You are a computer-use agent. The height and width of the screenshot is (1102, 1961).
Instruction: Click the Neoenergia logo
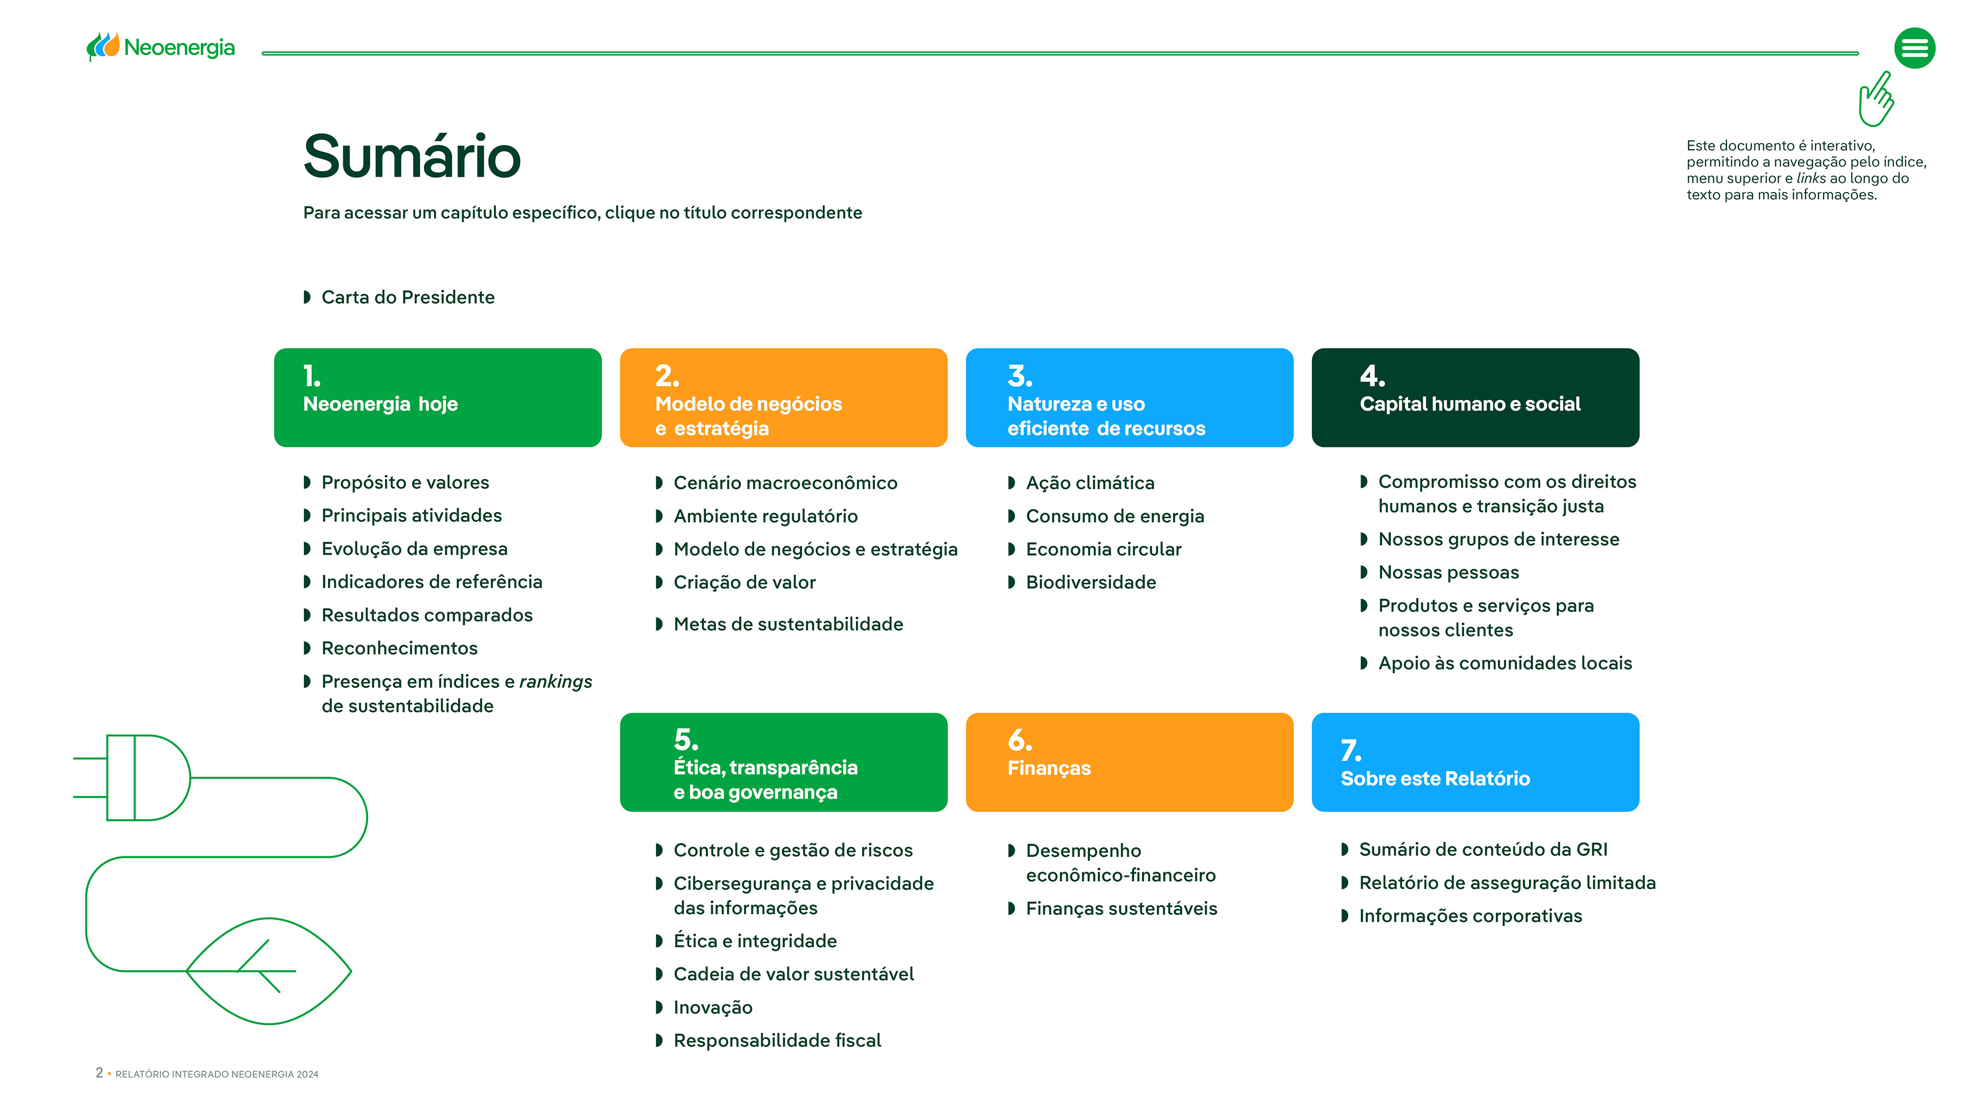[x=161, y=47]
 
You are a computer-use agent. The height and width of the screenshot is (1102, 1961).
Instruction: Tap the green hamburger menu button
[x=1915, y=49]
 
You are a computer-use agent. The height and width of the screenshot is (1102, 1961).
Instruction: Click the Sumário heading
[x=412, y=156]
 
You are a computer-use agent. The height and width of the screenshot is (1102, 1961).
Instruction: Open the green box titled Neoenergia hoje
[x=438, y=397]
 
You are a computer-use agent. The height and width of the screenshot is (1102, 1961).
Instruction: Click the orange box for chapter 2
[x=783, y=397]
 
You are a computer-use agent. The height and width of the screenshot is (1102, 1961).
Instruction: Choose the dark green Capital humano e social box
[x=1475, y=397]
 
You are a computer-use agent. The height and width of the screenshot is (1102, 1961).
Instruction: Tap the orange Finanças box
[x=1130, y=762]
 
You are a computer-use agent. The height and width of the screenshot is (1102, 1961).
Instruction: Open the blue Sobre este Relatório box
[x=1475, y=762]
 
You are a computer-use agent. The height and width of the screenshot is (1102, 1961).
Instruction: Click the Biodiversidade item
[x=1091, y=582]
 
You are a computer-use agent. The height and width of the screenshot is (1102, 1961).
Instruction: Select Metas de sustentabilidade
[x=788, y=624]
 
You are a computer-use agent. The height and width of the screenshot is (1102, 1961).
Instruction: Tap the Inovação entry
[x=712, y=1008]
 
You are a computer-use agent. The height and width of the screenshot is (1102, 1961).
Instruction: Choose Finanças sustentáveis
[x=1121, y=908]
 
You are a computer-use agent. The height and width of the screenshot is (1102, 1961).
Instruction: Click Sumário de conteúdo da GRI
[x=1483, y=849]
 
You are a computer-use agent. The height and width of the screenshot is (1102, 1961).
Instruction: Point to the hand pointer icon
[x=1877, y=99]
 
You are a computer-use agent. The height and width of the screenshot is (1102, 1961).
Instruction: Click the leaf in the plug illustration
[x=268, y=971]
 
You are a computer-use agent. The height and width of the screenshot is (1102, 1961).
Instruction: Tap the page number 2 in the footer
[x=99, y=1072]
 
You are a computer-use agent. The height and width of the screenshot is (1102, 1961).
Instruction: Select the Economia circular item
[x=1103, y=549]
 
